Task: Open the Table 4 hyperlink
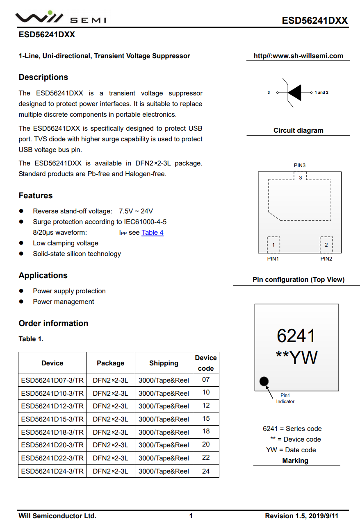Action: (153, 233)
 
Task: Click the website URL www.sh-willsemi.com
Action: (298, 56)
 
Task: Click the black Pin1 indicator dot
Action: (264, 382)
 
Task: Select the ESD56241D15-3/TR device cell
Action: (52, 419)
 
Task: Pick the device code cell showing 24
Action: (206, 471)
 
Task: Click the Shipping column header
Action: (164, 363)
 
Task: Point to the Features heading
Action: (36, 195)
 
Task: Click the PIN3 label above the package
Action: (300, 166)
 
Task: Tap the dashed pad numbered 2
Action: (326, 245)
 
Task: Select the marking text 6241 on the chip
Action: (296, 336)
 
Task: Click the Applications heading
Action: (43, 275)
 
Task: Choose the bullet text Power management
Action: (64, 302)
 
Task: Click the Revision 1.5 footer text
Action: (302, 516)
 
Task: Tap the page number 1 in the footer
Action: (191, 516)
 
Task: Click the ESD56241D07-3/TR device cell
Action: (52, 380)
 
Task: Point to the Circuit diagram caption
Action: (298, 131)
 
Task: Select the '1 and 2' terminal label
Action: (322, 93)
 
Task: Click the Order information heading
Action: (53, 323)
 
